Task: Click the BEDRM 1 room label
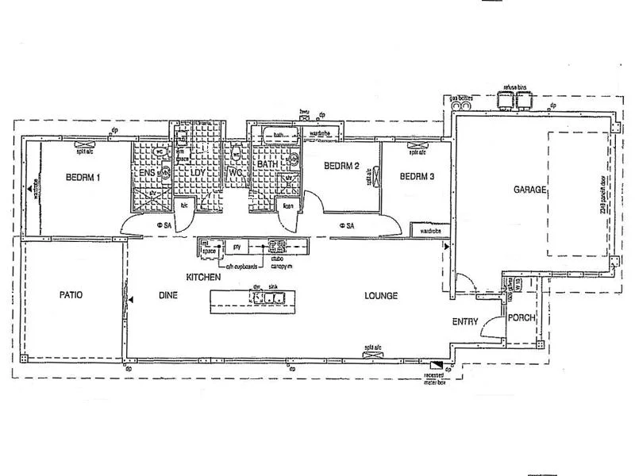[x=83, y=177]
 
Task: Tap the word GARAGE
[x=529, y=190]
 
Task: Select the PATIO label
[x=71, y=294]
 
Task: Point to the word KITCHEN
[x=202, y=277]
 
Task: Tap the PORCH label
[x=522, y=318]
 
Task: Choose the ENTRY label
[x=464, y=321]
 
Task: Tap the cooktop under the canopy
[x=278, y=247]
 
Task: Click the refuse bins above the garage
[x=514, y=102]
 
